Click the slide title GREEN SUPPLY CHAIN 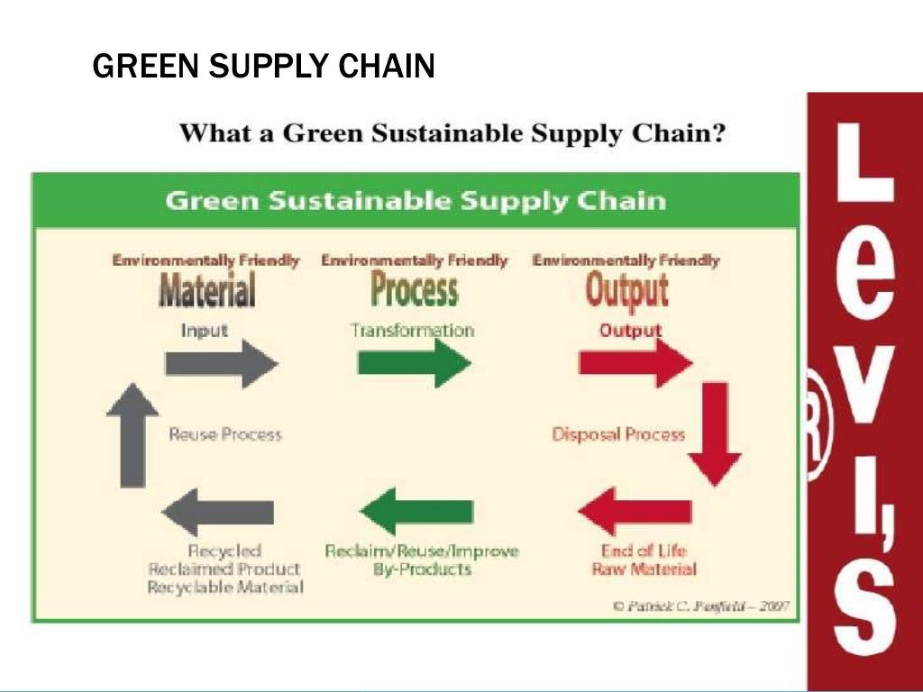pos(263,66)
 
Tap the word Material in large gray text pos(206,290)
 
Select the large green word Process pos(415,290)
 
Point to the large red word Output pos(626,290)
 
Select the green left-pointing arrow pos(422,512)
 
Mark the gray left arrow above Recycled pos(217,512)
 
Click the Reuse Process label pos(225,434)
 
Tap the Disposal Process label pos(618,434)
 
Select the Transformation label pos(412,330)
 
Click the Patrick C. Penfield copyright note pos(701,605)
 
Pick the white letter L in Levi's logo pos(864,162)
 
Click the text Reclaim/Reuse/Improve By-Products pos(422,560)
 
